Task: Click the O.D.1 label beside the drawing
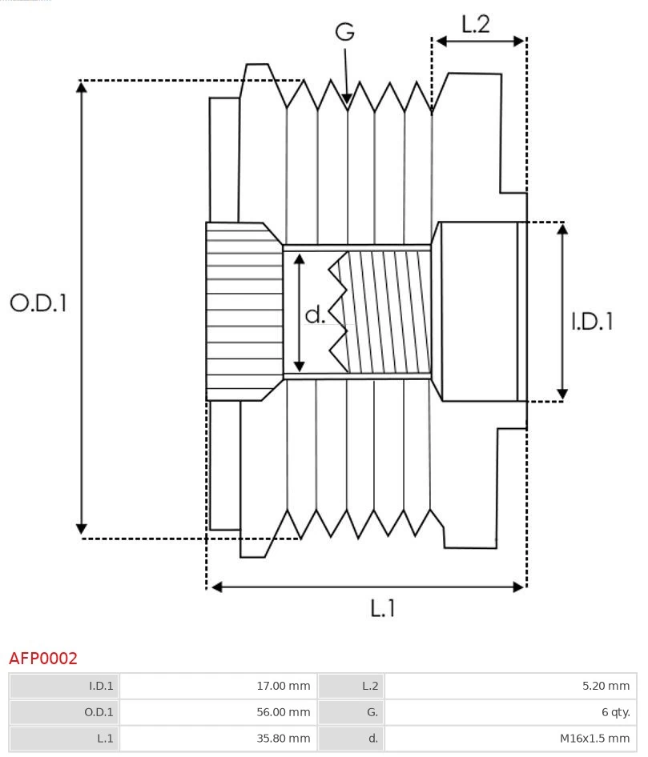(38, 303)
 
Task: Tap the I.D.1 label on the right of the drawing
(592, 322)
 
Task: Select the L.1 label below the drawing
(383, 609)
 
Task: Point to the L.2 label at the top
(475, 24)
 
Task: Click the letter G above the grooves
(344, 32)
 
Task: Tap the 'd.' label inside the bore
(315, 315)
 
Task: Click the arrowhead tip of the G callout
(347, 103)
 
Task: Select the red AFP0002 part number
(43, 659)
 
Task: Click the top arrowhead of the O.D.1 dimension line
(81, 86)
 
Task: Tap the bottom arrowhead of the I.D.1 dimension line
(562, 394)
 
